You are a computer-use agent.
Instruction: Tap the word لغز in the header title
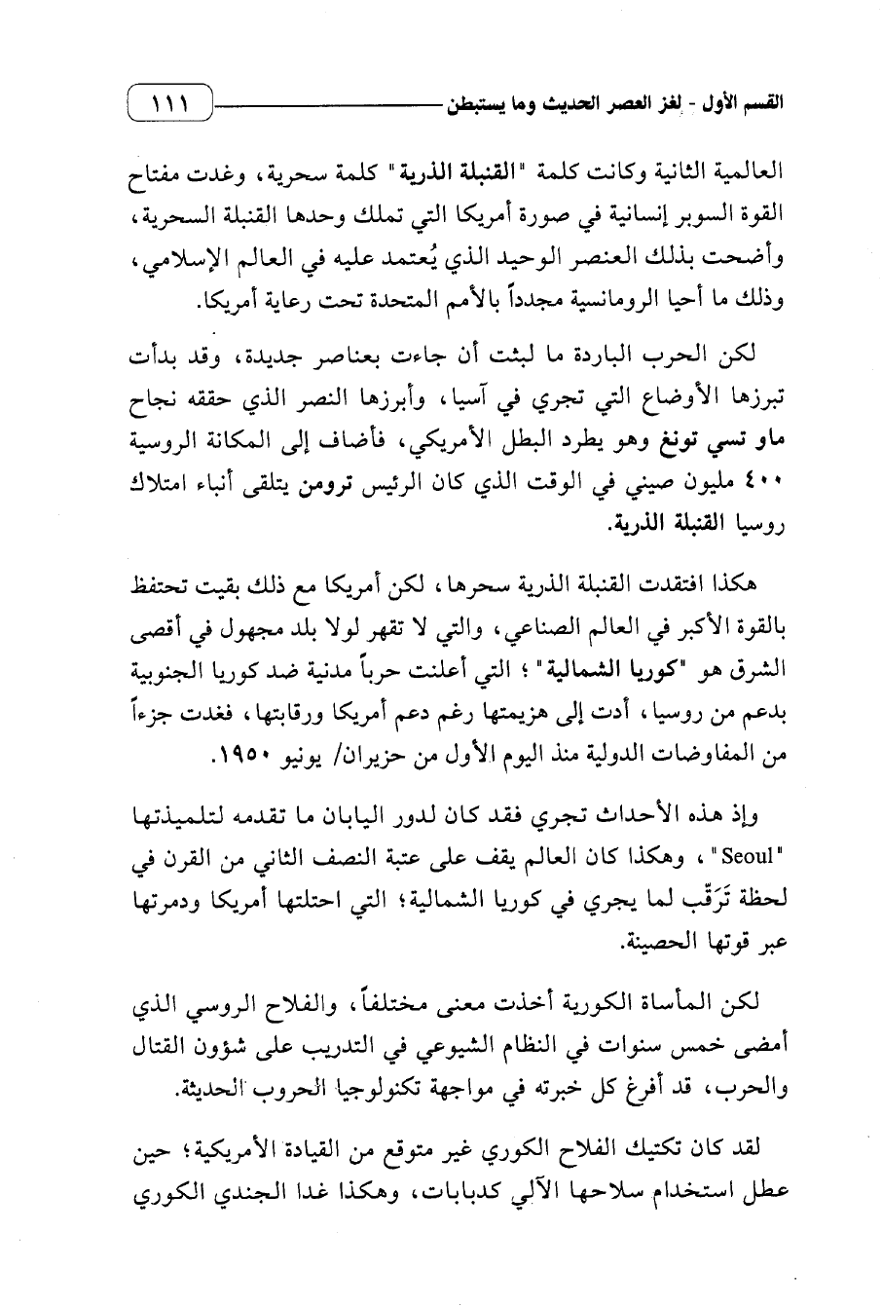coord(690,101)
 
